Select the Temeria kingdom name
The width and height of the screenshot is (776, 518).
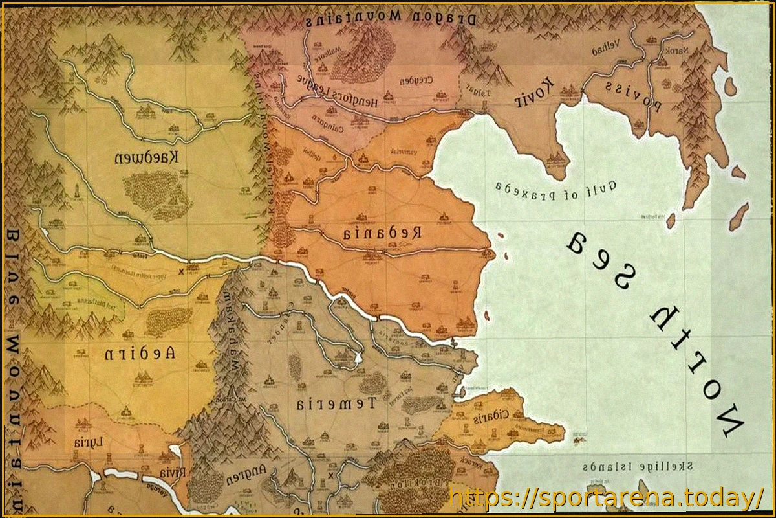click(336, 404)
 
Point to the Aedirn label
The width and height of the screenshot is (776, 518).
click(139, 354)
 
